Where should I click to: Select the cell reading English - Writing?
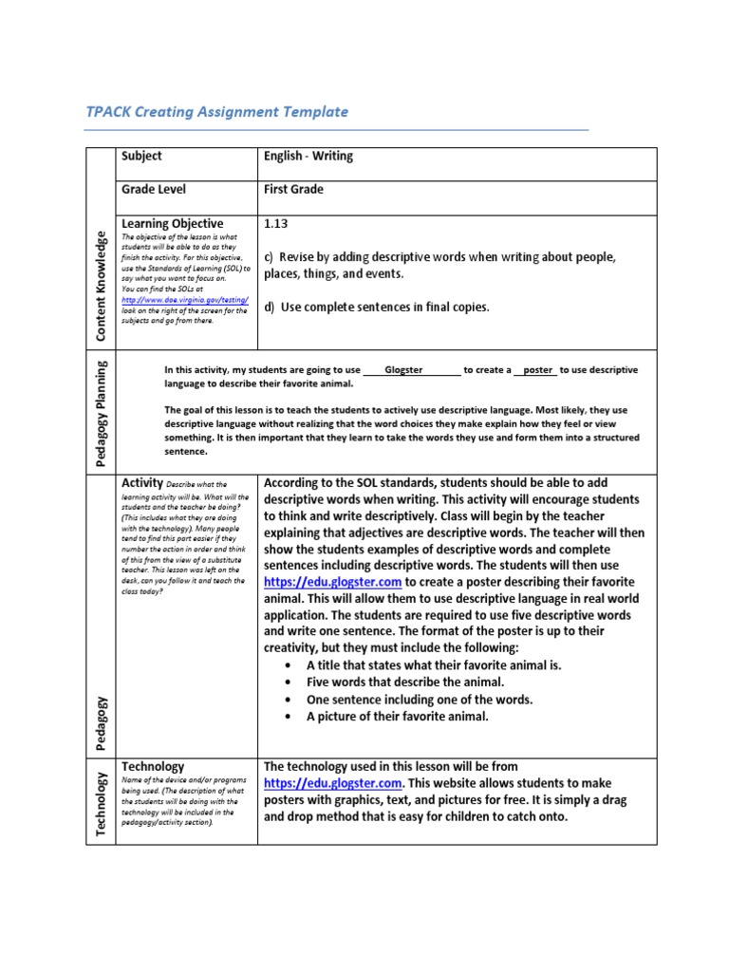308,156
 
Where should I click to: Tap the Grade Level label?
156,189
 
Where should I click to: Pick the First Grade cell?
293,189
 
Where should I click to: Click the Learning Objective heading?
172,223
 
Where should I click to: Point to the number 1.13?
275,224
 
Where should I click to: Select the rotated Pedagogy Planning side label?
102,412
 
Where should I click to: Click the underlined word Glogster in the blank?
403,369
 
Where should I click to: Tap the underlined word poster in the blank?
537,369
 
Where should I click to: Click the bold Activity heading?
143,483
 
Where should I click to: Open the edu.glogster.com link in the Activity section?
333,582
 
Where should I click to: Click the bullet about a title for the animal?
434,664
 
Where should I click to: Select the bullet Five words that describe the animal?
405,682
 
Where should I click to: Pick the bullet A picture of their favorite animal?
397,716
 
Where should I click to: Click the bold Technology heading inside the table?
153,766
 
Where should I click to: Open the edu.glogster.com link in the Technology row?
333,783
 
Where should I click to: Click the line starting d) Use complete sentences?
377,307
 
